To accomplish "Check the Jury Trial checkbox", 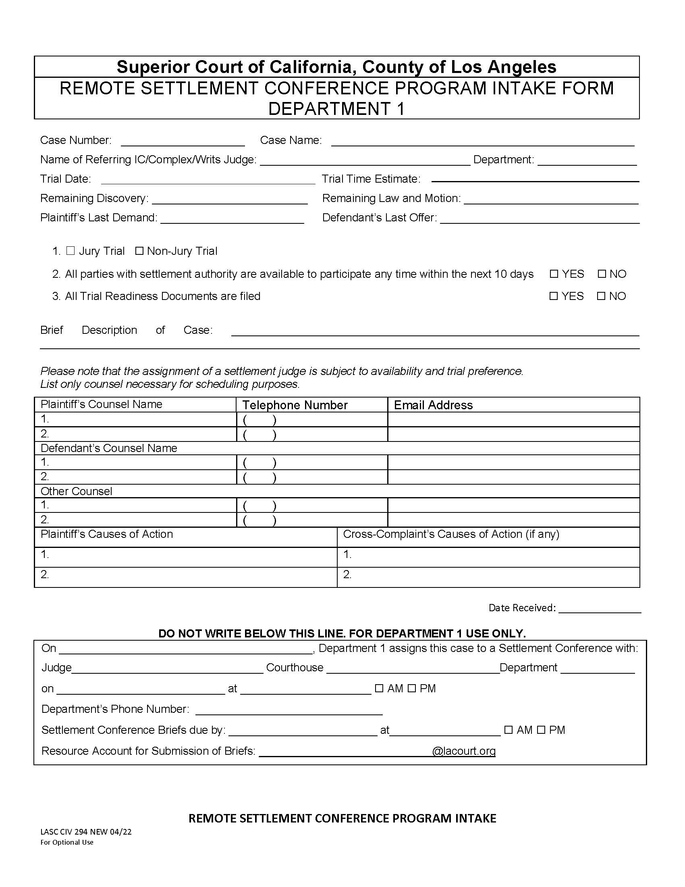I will (x=71, y=251).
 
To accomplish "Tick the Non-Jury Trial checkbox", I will (x=139, y=251).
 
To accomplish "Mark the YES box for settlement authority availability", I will (x=554, y=274).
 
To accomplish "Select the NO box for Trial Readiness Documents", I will (x=601, y=296).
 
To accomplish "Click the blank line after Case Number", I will (x=183, y=142).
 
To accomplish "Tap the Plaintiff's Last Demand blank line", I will (x=232, y=219).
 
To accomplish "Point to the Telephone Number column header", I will (x=295, y=405).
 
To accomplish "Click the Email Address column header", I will (x=433, y=405).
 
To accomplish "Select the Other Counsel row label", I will (x=76, y=491).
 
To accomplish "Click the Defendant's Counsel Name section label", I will (x=109, y=448).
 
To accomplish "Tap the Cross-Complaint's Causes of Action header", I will (x=451, y=534).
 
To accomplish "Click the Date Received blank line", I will (x=600, y=608).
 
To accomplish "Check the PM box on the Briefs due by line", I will (x=541, y=730).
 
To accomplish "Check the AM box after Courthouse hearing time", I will (x=379, y=688).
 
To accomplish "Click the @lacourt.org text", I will (x=463, y=751).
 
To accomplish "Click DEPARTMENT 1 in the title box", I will (x=336, y=108).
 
